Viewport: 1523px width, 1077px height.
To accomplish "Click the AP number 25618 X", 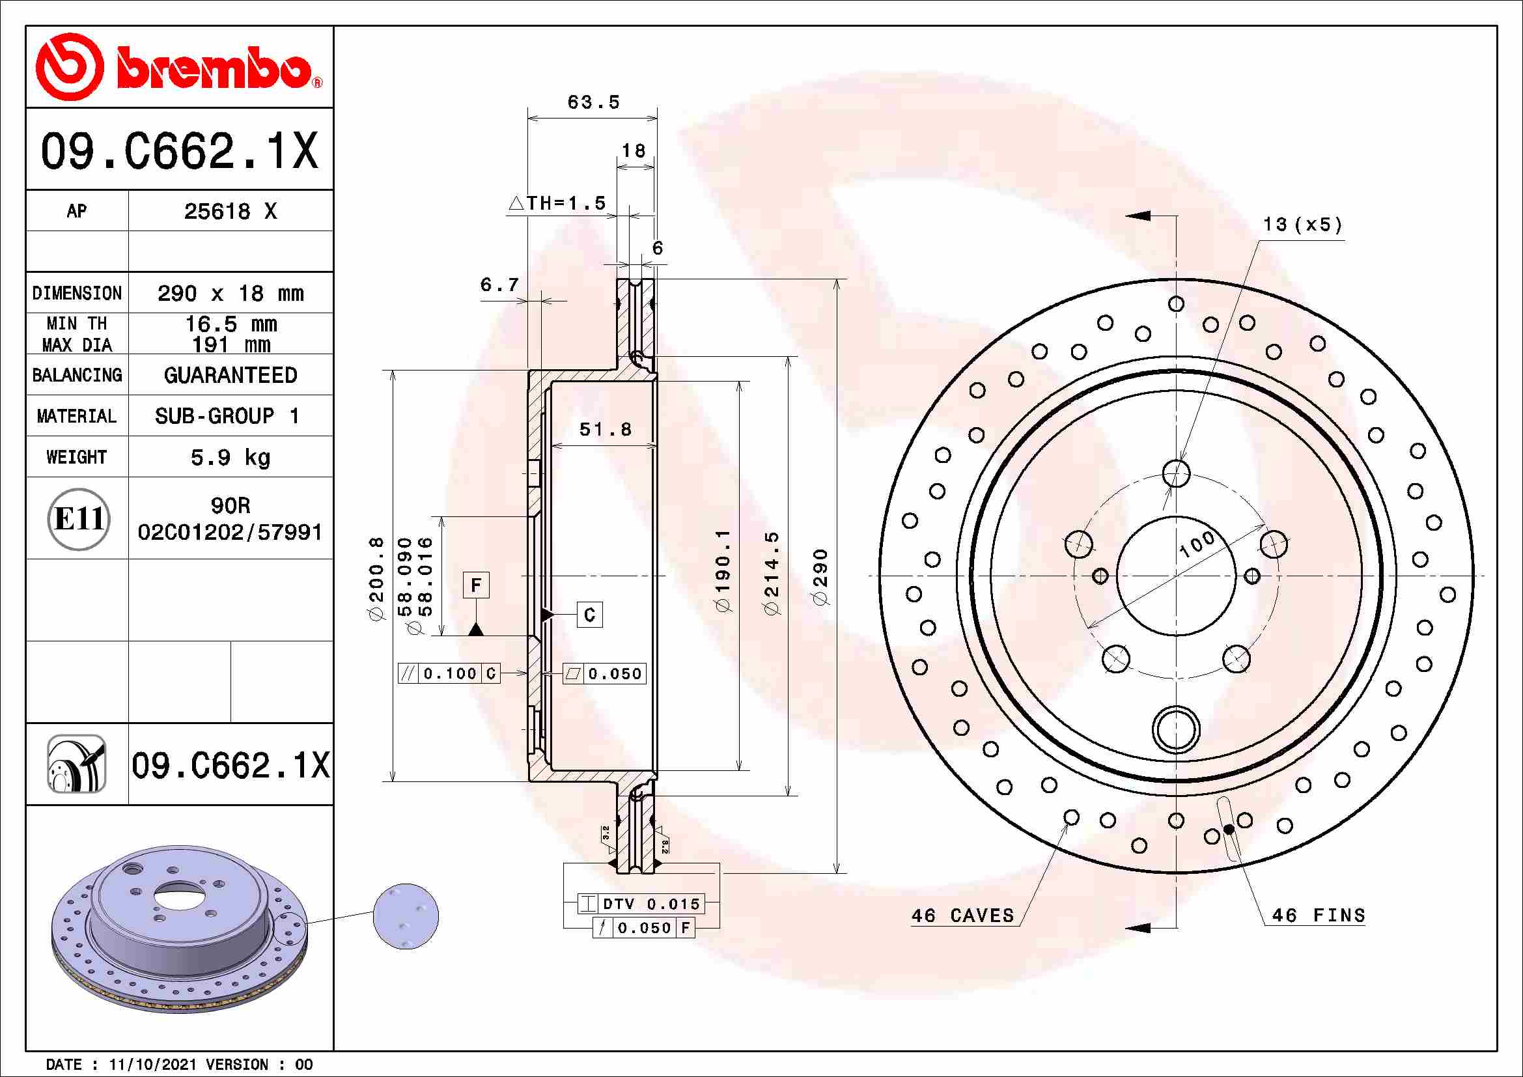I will click(230, 212).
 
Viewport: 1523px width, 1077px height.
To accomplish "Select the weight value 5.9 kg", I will click(230, 458).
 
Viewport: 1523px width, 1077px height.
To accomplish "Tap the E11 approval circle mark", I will click(78, 518).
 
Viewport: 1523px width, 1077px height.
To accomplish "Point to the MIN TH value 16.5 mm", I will click(230, 324).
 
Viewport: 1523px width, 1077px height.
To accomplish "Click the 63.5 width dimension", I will click(593, 103).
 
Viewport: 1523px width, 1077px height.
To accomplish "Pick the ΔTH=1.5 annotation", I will click(558, 203).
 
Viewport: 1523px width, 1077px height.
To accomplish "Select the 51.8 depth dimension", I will click(605, 430).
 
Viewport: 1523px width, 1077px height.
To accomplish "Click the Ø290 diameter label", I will click(820, 576).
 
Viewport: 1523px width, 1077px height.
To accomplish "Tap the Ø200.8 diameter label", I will click(376, 578).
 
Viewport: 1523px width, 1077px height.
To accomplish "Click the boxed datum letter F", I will click(475, 585).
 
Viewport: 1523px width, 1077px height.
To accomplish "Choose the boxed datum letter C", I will click(589, 615).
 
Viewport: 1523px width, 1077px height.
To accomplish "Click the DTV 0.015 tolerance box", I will click(640, 904).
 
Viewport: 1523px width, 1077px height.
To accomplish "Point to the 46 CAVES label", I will click(962, 916).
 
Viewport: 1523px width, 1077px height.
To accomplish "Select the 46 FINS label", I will click(1318, 916).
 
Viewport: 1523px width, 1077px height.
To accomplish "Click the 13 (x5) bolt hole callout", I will click(1302, 225).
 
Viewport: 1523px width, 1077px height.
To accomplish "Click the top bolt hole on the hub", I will click(1176, 473).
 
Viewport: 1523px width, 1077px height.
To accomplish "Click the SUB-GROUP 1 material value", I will click(227, 417).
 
